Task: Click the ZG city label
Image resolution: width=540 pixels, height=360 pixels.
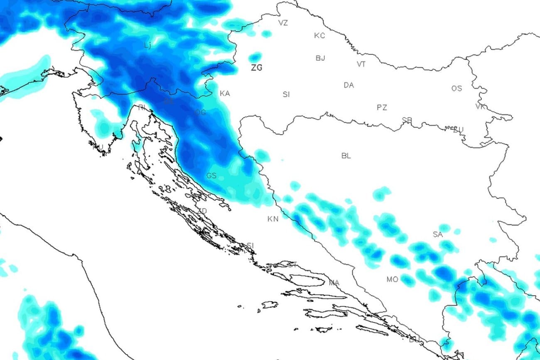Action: tap(257, 68)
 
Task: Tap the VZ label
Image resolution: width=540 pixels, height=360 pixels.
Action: tap(283, 23)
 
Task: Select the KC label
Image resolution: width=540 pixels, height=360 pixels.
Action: tap(319, 36)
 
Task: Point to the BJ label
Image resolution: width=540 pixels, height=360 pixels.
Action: tap(320, 58)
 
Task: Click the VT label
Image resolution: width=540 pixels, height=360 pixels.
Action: tap(361, 64)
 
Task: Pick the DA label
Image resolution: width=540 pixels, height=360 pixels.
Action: tap(349, 85)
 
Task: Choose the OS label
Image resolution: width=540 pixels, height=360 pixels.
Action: tap(457, 89)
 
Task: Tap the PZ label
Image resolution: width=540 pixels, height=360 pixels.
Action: tap(382, 108)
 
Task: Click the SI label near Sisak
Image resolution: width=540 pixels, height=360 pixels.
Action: tap(286, 95)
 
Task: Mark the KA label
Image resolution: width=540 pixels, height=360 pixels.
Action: tap(225, 94)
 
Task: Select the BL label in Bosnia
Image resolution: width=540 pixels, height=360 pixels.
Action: tap(346, 156)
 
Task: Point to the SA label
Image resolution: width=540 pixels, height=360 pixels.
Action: tap(438, 235)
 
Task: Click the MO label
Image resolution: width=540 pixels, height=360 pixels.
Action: tap(393, 279)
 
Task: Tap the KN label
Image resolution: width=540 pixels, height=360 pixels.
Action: tap(273, 219)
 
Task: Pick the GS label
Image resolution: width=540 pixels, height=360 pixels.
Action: tap(211, 176)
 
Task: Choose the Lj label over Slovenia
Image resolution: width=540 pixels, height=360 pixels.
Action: tap(147, 45)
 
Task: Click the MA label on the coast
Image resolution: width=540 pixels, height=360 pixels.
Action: tap(334, 283)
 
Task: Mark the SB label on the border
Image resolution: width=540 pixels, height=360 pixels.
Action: tap(407, 120)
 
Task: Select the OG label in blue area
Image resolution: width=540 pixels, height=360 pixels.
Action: tap(201, 113)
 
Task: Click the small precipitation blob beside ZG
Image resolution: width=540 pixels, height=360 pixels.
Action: tap(255, 57)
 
